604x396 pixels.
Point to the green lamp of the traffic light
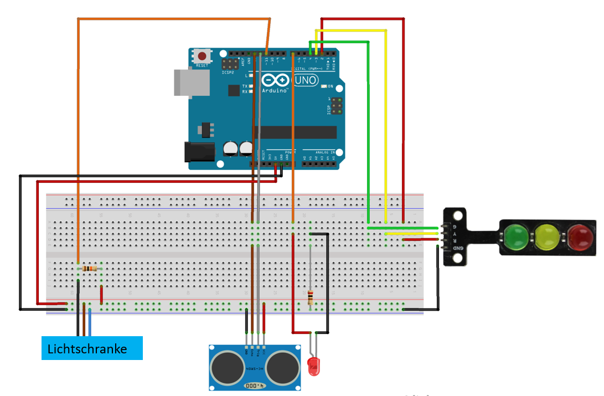point(516,237)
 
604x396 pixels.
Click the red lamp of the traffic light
point(579,237)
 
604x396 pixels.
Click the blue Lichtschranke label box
point(92,348)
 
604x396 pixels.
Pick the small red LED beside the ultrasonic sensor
point(313,367)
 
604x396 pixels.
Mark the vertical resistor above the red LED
point(310,297)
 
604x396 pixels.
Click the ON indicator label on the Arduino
point(331,86)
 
